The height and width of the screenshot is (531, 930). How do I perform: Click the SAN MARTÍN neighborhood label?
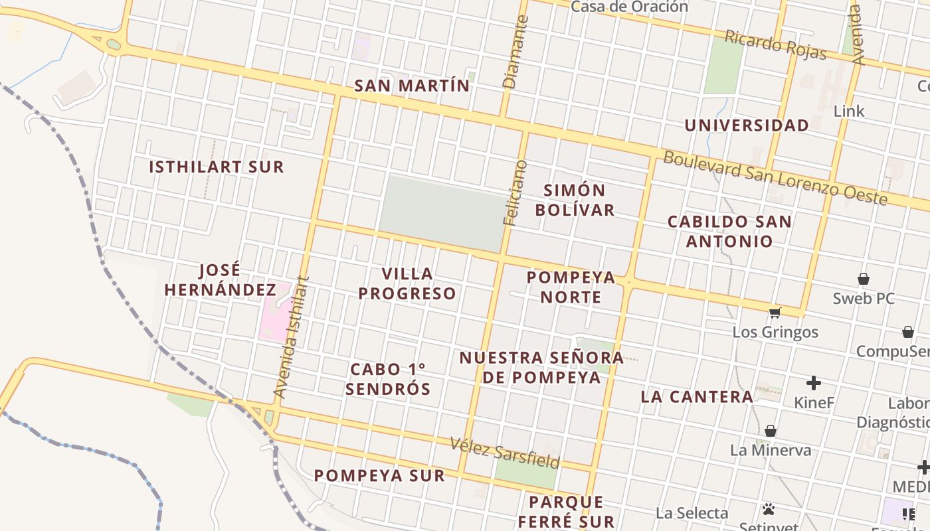411,86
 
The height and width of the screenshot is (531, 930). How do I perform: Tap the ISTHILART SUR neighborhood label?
216,167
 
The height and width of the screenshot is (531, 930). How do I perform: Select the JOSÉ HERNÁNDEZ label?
220,280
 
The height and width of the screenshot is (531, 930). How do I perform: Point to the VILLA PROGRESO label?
407,283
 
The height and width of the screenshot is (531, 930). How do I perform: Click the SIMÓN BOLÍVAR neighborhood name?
575,200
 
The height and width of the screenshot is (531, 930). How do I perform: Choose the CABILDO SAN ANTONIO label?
729,231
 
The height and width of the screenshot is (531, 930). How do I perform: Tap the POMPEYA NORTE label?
571,287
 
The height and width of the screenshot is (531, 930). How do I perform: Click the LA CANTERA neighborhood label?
696,397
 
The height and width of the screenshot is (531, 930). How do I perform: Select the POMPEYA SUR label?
379,475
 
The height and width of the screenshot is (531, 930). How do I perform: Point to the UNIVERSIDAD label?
747,125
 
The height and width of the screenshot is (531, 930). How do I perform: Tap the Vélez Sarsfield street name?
505,452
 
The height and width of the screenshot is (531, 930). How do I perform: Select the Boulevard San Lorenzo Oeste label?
775,178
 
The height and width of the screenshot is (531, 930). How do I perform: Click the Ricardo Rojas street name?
775,45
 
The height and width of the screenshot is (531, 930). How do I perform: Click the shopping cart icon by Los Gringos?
775,313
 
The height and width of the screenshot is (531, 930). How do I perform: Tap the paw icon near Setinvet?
769,509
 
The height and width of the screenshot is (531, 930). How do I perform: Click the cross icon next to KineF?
813,383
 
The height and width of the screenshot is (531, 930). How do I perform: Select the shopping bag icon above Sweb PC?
864,279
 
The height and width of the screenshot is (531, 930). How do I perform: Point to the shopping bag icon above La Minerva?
771,431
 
